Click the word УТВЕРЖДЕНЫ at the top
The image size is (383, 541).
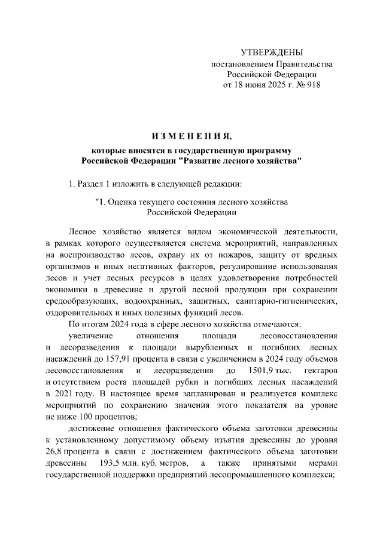pos(271,53)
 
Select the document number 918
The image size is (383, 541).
pos(313,84)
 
